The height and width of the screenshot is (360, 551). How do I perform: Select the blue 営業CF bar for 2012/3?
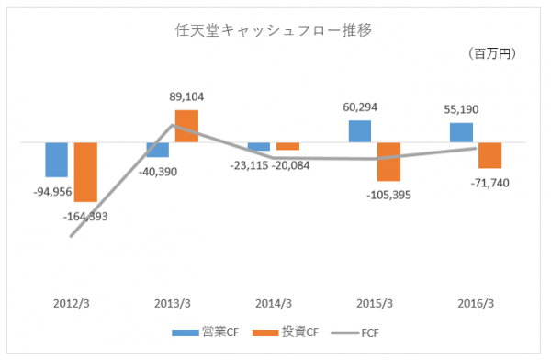[57, 160]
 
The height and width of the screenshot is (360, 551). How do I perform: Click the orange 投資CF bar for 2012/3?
[85, 172]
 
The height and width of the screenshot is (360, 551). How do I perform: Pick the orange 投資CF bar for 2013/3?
[186, 126]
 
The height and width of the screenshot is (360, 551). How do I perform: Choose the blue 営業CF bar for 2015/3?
[360, 131]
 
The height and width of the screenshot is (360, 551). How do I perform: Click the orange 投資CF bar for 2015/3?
[389, 162]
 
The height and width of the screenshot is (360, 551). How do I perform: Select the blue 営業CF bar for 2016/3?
[461, 132]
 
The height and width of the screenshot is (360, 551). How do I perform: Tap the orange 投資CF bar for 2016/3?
[490, 155]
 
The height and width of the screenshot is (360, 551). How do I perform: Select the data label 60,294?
[360, 107]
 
